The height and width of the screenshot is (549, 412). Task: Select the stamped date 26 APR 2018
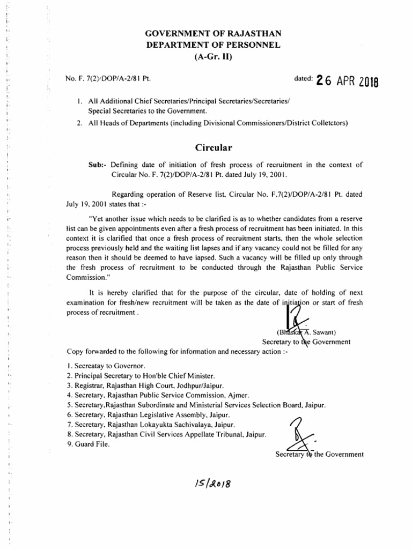(347, 80)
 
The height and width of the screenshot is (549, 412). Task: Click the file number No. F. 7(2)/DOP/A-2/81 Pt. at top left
(107, 79)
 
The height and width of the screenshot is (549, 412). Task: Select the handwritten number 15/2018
(214, 484)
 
